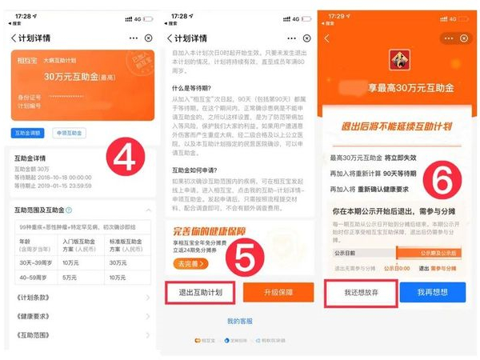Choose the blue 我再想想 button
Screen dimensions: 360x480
tap(432, 294)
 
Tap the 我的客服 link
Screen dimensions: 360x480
tap(239, 321)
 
